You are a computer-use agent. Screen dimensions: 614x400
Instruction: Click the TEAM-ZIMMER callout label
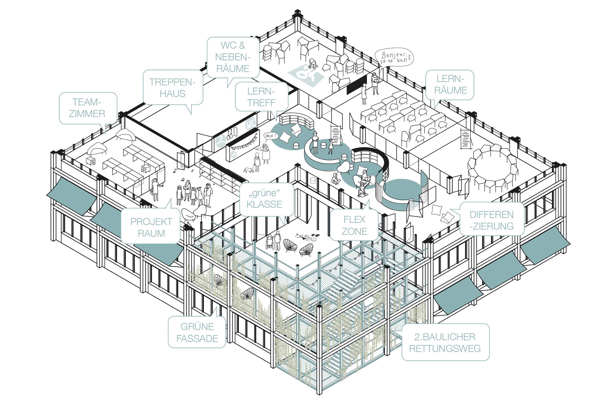[88, 108]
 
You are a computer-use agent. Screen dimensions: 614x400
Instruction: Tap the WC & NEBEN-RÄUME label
[233, 57]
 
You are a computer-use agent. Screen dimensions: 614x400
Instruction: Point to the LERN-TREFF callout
[262, 97]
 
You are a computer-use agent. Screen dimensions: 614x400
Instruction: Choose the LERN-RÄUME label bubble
[450, 85]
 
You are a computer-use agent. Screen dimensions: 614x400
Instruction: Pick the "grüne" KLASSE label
[266, 199]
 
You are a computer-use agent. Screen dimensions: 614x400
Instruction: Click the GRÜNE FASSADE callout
[197, 332]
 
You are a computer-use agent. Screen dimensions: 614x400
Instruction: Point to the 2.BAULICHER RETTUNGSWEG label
[445, 342]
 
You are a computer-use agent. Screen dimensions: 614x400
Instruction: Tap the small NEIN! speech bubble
[271, 136]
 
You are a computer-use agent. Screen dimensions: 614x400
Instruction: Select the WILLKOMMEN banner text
[244, 143]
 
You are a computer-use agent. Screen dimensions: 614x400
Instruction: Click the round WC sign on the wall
[250, 124]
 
